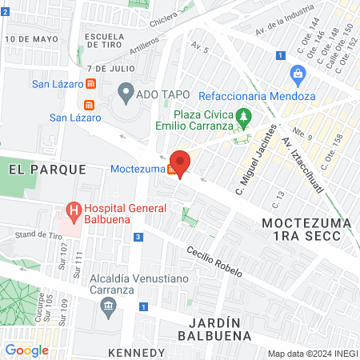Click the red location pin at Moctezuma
181,163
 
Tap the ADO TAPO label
164,94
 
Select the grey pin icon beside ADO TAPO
126,94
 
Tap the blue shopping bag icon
298,77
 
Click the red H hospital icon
74,213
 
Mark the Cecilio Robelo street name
214,261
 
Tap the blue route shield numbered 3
139,237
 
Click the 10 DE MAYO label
31,38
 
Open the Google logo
26,349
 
